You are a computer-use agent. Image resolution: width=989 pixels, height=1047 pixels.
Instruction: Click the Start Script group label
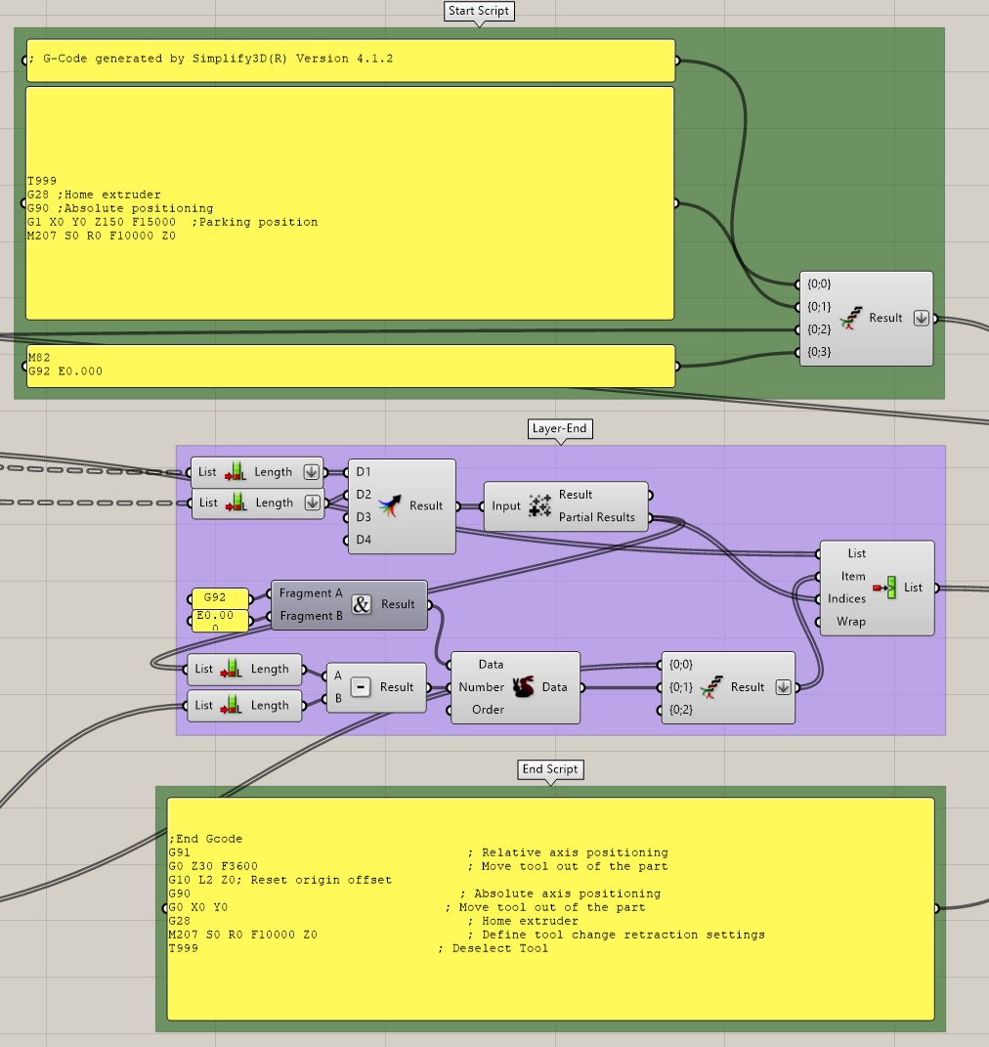(x=479, y=12)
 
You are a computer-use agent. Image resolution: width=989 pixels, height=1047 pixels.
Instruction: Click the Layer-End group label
(x=560, y=428)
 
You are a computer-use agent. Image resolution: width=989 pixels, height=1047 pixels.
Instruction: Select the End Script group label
(x=550, y=769)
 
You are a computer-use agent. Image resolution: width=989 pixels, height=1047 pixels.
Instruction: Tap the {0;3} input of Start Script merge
(x=818, y=352)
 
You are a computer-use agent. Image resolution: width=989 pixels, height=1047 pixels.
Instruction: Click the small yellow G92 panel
(x=220, y=597)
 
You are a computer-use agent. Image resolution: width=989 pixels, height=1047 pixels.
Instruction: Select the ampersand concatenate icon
(x=361, y=604)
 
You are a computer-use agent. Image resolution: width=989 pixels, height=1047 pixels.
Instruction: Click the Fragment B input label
(x=311, y=616)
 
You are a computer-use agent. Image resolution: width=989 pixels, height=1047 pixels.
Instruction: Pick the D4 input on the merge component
(x=364, y=540)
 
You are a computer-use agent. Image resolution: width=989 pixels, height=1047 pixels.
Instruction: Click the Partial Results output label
(x=596, y=517)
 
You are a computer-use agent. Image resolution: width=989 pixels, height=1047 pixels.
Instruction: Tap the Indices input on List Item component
(x=846, y=598)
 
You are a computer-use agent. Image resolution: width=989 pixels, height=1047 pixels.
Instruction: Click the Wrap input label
(x=850, y=622)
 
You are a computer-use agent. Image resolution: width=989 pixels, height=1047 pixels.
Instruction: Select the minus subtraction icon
(x=360, y=687)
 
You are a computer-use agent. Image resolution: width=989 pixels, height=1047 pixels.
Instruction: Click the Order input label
(x=488, y=710)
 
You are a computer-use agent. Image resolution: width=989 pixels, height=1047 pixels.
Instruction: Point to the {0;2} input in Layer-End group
(x=680, y=710)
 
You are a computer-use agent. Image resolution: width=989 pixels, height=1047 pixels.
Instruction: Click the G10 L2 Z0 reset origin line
(x=279, y=880)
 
